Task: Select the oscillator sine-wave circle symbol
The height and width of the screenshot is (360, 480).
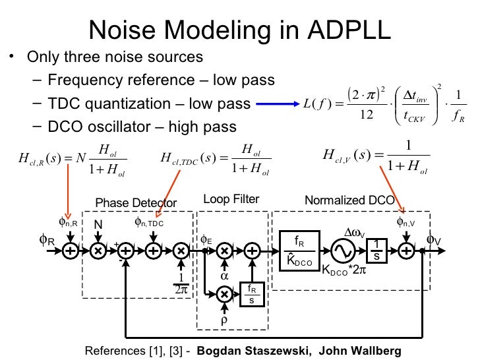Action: [x=344, y=250]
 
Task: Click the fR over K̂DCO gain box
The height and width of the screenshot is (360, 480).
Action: [x=299, y=250]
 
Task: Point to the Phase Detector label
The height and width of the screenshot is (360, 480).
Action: [x=136, y=202]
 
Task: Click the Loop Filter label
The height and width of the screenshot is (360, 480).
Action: [x=231, y=199]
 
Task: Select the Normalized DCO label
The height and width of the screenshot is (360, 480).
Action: [x=349, y=200]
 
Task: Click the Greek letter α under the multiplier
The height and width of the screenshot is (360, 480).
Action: [x=224, y=276]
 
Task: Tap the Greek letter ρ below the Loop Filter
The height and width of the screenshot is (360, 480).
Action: [x=224, y=321]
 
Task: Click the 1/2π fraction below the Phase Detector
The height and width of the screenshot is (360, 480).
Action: [x=180, y=282]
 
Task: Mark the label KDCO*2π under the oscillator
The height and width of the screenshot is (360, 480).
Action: [x=344, y=271]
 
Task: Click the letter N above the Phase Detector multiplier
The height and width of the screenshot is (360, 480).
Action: [x=98, y=225]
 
